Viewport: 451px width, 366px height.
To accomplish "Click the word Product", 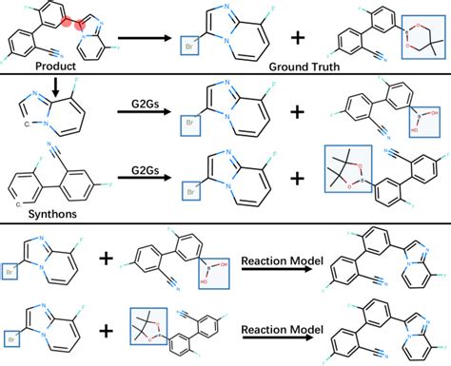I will coord(53,67).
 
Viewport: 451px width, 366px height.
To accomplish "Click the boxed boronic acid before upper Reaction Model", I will coord(210,276).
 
